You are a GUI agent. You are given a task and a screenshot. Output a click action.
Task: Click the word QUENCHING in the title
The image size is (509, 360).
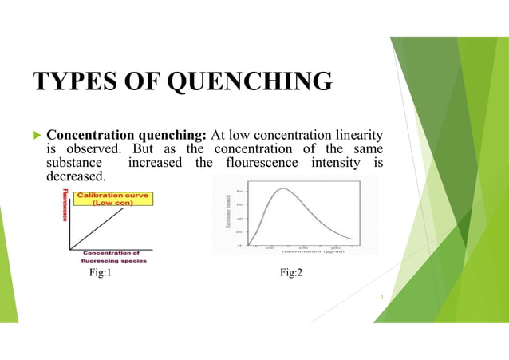coord(243,83)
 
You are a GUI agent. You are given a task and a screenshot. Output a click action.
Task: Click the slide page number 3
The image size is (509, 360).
coord(383,300)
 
